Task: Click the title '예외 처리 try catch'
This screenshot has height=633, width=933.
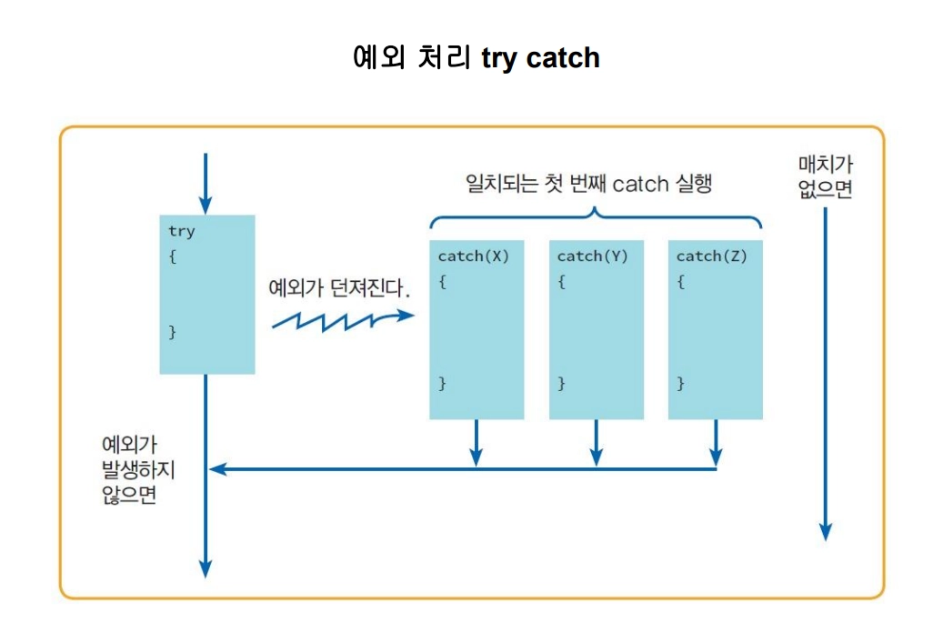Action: tap(476, 58)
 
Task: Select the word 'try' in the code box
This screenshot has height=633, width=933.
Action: tap(181, 231)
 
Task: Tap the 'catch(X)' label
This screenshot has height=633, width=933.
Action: tap(473, 256)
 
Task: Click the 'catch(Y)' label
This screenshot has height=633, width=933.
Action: tap(592, 256)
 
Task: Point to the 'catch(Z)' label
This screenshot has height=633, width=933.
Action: tap(711, 256)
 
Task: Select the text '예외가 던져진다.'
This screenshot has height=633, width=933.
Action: tap(340, 288)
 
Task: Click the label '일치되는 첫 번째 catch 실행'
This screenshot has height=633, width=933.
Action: tap(587, 184)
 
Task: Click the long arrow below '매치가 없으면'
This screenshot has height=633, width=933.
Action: tap(825, 373)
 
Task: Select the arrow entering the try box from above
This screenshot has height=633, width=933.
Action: tap(206, 183)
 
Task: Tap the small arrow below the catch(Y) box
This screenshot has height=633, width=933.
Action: tap(597, 443)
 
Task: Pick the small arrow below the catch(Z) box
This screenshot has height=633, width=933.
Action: tap(716, 443)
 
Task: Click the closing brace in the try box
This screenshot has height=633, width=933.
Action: tap(172, 332)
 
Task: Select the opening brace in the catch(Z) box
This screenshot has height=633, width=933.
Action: tap(681, 282)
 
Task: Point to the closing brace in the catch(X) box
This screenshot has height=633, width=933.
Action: tap(443, 383)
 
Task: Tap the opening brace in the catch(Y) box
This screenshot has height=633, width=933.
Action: tap(562, 282)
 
